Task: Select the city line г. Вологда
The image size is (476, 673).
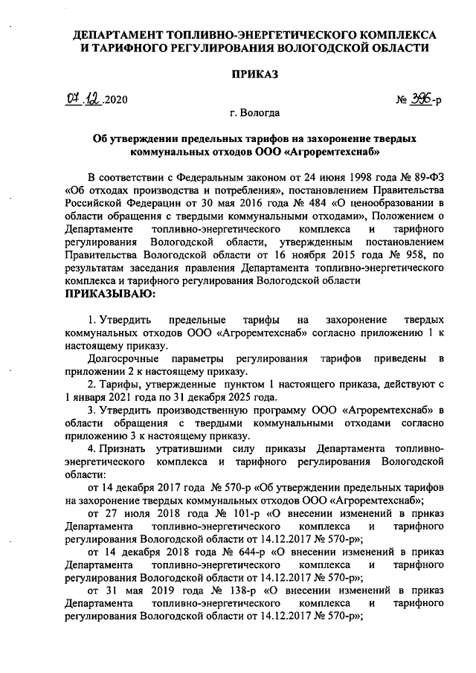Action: [255, 114]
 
